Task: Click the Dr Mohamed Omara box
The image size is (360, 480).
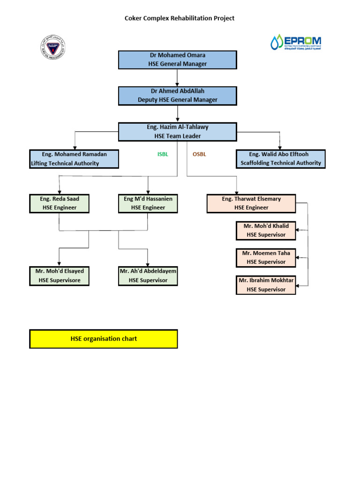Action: pos(177,60)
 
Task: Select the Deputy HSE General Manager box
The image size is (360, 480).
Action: pos(177,95)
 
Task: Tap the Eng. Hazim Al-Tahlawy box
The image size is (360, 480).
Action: pos(177,131)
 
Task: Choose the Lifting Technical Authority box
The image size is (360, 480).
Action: pos(74,159)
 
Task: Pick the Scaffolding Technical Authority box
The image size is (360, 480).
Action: pos(280,159)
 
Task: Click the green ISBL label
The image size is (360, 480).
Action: pos(162,154)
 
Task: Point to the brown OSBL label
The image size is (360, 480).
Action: pos(199,154)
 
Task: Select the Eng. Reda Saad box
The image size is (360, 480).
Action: pos(59,203)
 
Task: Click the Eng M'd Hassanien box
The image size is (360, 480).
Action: pos(148,203)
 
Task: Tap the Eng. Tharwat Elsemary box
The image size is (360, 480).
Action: pos(251,203)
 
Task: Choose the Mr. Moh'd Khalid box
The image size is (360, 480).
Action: pos(266,230)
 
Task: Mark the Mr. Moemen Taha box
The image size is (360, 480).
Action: pos(266,257)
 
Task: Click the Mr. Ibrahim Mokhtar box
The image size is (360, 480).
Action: pos(266,285)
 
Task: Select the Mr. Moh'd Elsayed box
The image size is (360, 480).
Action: pos(59,276)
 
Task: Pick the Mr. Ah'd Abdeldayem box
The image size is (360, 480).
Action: pos(148,276)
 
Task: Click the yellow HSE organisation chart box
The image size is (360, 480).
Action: pos(104,339)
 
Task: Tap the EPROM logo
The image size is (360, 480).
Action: pos(296,42)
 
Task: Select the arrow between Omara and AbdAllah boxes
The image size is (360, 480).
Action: pos(177,78)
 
